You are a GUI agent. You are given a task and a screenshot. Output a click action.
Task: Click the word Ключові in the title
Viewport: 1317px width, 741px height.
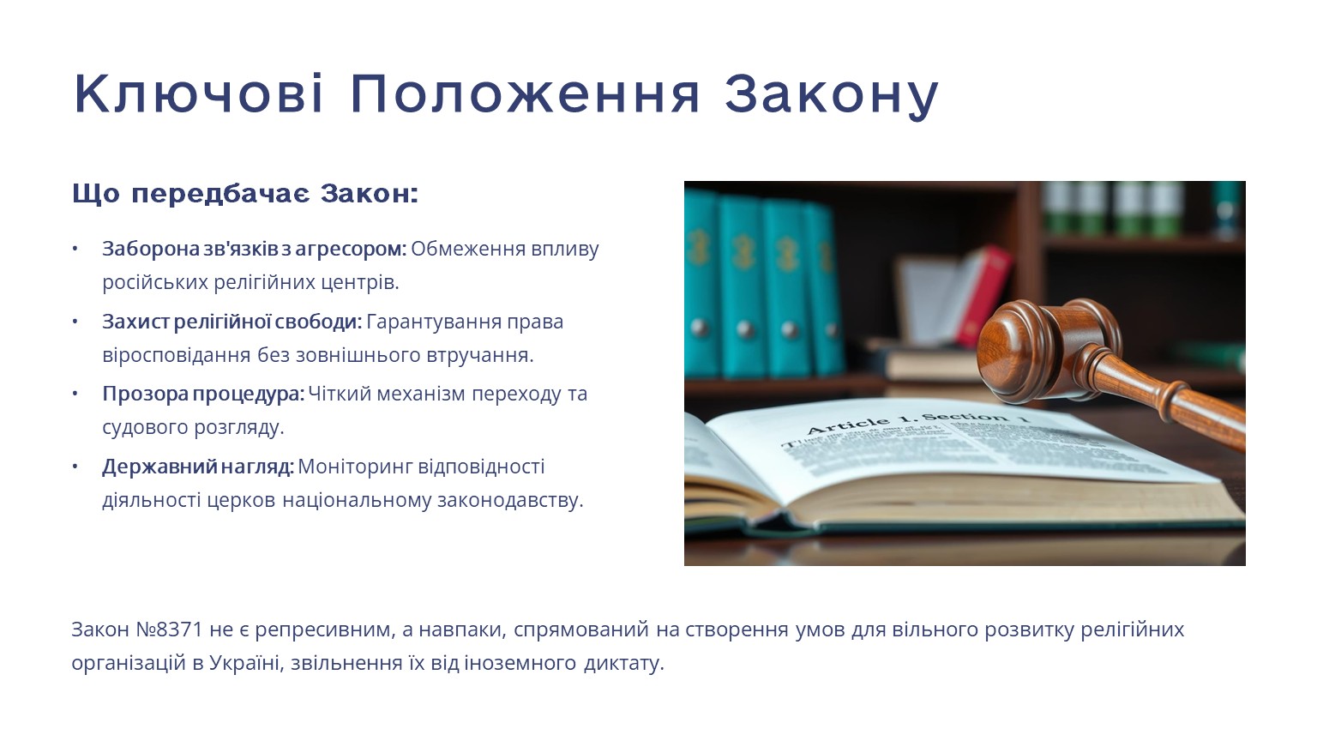coord(199,94)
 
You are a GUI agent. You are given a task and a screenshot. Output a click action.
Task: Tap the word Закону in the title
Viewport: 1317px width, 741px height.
coord(832,96)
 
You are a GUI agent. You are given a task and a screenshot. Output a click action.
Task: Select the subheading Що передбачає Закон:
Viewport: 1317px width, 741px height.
coord(245,194)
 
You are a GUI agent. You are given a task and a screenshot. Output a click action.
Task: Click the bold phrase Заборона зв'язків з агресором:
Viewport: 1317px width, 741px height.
coord(255,249)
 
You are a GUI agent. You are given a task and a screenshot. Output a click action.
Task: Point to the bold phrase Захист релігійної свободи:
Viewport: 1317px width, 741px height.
coord(232,322)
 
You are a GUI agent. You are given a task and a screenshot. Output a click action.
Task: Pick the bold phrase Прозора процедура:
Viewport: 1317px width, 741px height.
coord(203,394)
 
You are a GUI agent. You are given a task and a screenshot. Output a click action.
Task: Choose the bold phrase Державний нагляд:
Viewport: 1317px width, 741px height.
coord(198,467)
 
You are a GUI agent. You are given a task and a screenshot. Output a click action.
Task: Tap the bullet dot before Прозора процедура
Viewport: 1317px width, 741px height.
coord(75,394)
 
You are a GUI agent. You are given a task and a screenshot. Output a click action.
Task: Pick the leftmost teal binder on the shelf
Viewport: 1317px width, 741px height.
coord(701,282)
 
